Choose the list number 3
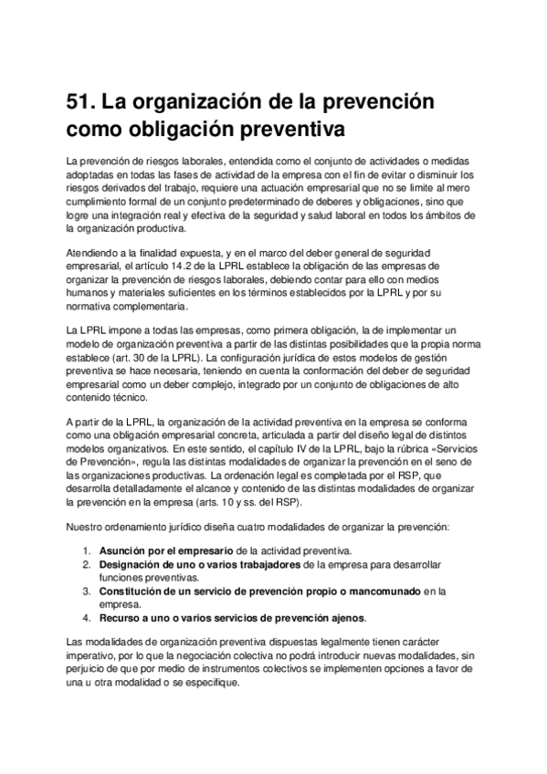87,591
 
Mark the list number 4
87,618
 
